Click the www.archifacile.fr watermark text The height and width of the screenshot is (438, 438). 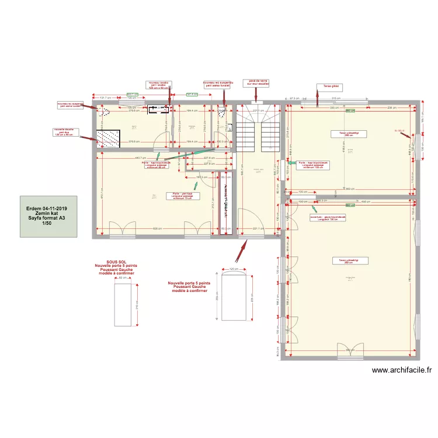click(x=401, y=370)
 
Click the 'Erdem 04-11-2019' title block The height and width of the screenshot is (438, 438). click(x=47, y=215)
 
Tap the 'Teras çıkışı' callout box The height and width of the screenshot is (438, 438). click(x=329, y=86)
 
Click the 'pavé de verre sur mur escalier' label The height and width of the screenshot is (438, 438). click(x=257, y=83)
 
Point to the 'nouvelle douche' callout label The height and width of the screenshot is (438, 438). click(x=65, y=131)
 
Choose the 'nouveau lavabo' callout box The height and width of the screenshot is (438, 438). click(x=158, y=85)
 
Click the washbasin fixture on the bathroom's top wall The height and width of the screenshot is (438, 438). click(x=158, y=108)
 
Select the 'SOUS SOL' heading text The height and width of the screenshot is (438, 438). click(x=117, y=262)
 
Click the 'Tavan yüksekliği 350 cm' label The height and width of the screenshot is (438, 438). click(x=345, y=261)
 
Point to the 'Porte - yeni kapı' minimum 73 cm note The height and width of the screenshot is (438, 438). click(x=183, y=196)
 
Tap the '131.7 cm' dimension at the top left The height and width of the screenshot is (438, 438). click(x=105, y=98)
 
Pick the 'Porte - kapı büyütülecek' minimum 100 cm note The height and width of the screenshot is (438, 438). click(x=313, y=165)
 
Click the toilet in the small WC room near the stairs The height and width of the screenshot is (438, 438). click(x=223, y=112)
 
